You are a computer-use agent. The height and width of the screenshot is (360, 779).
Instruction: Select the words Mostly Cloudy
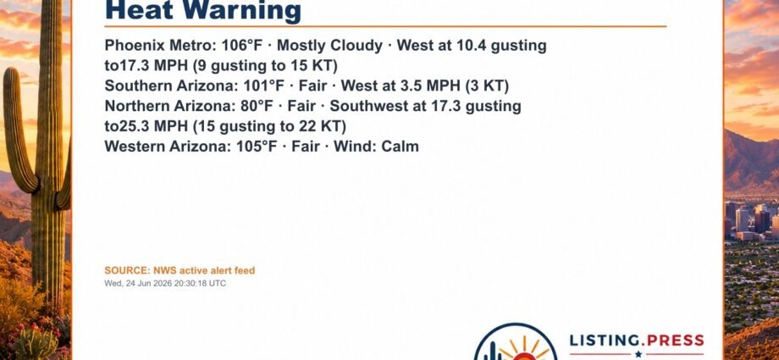[330, 46]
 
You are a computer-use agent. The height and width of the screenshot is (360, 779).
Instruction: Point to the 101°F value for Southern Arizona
[264, 86]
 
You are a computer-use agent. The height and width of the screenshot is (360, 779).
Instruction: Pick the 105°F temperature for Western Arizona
[257, 147]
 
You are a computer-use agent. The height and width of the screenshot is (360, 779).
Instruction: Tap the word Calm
[400, 147]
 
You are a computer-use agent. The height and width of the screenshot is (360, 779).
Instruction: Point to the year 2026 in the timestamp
[163, 284]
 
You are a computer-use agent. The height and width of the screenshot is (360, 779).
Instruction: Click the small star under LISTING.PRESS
[638, 355]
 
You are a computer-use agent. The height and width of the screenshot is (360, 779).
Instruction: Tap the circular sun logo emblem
[517, 343]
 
